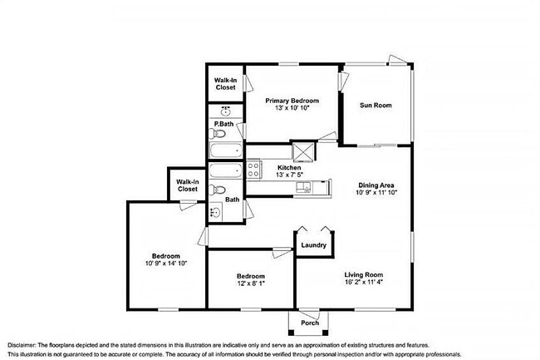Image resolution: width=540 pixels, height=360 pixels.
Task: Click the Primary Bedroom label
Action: pos(292,101)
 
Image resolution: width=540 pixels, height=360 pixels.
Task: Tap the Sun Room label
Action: pos(376,106)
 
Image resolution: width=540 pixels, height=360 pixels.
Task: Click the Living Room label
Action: pos(364,274)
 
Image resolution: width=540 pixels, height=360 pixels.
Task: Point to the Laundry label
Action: pos(313,245)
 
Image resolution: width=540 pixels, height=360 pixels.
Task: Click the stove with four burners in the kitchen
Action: pos(254,169)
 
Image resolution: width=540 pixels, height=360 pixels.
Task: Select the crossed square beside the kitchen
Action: pos(303,152)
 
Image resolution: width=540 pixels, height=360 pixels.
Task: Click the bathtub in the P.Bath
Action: pos(224,152)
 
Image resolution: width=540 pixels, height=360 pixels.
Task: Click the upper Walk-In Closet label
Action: pos(224,84)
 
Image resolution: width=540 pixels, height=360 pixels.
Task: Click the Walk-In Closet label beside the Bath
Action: pos(186,185)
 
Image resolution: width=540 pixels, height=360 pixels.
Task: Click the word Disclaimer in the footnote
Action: pos(25,343)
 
